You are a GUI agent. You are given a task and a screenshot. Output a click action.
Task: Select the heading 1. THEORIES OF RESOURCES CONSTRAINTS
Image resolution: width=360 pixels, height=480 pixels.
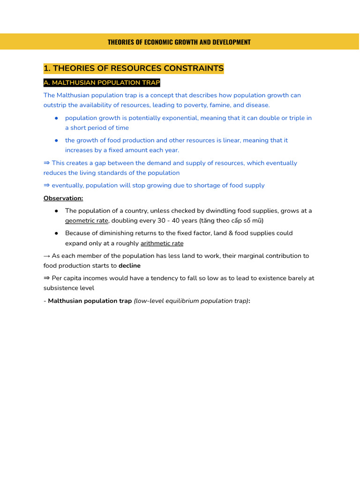pyautogui.click(x=134, y=68)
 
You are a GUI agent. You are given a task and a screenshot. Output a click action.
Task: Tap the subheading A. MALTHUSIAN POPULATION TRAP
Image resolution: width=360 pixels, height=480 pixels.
pyautogui.click(x=102, y=83)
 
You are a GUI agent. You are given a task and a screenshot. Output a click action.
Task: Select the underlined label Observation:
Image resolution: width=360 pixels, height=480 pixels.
pyautogui.click(x=63, y=198)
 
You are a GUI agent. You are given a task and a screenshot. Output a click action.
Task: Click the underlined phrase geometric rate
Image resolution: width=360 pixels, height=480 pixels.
pyautogui.click(x=86, y=220)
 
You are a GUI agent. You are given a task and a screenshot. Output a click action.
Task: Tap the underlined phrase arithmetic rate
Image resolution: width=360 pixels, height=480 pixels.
pyautogui.click(x=162, y=243)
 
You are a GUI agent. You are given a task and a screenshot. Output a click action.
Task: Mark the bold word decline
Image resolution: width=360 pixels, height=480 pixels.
pyautogui.click(x=129, y=266)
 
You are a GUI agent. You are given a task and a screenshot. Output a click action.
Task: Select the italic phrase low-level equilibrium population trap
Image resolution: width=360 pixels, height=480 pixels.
pyautogui.click(x=191, y=301)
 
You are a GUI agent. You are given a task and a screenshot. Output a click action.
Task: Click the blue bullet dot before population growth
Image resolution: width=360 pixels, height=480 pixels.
pyautogui.click(x=56, y=118)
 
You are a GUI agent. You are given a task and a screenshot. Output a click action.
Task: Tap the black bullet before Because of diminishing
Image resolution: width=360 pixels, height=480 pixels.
pyautogui.click(x=56, y=233)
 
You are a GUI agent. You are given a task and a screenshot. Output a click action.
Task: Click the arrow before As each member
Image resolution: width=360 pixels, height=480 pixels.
pyautogui.click(x=46, y=256)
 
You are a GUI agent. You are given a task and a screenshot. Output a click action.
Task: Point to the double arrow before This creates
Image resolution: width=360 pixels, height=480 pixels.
pyautogui.click(x=46, y=163)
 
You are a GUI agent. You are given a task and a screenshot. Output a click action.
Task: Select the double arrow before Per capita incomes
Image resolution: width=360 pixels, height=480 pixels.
pyautogui.click(x=46, y=278)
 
